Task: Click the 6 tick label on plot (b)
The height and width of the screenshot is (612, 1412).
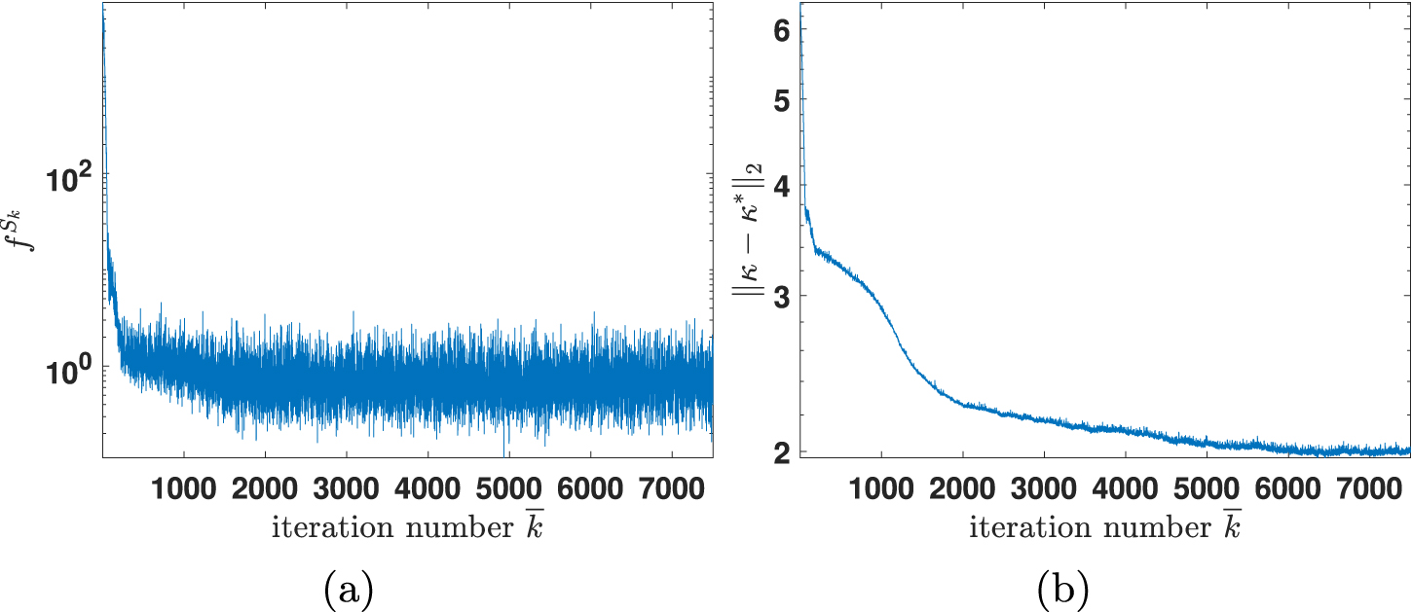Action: pyautogui.click(x=780, y=31)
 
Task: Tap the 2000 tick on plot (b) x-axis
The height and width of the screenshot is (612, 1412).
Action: pyautogui.click(x=962, y=487)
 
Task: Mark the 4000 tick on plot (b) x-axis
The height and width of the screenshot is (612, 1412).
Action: pyautogui.click(x=1125, y=487)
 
